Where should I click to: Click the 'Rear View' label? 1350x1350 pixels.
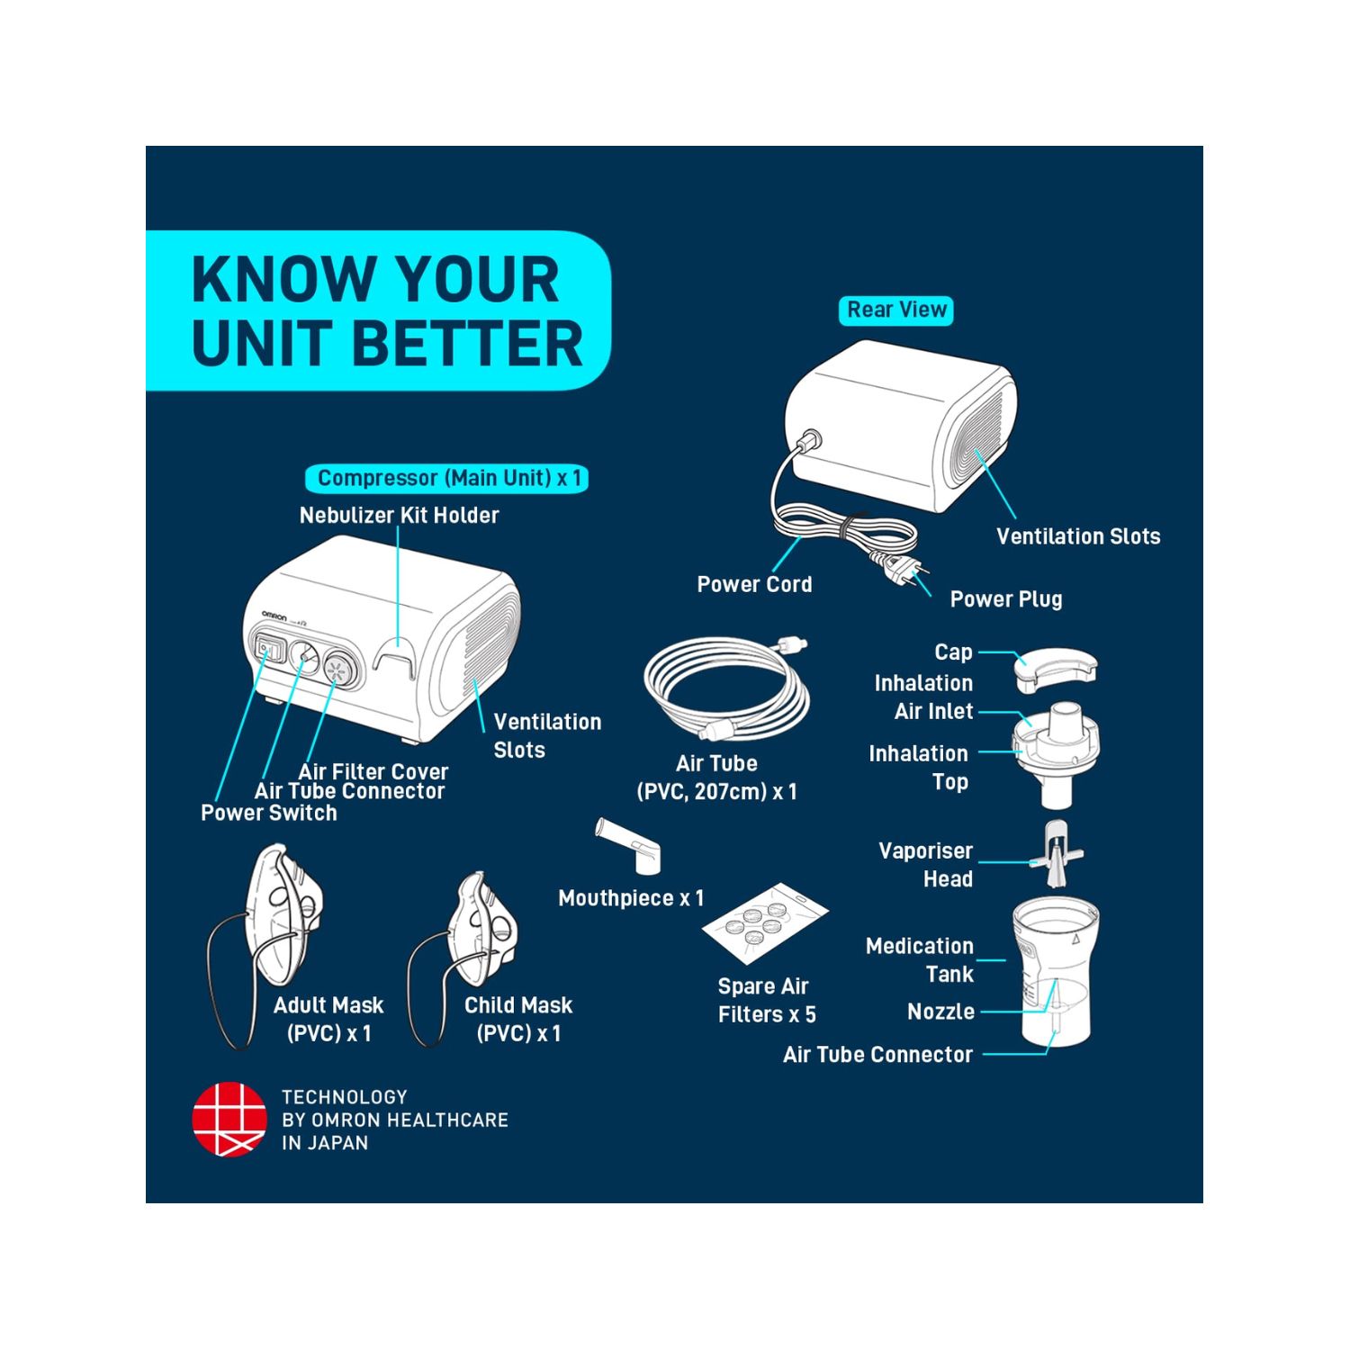click(x=896, y=310)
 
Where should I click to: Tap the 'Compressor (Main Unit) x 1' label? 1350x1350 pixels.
click(x=448, y=478)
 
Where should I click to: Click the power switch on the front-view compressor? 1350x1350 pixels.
click(x=266, y=648)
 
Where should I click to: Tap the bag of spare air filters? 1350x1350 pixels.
click(x=765, y=922)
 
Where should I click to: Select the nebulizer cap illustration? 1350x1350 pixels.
click(x=1056, y=670)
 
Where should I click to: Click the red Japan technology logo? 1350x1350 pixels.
click(x=229, y=1120)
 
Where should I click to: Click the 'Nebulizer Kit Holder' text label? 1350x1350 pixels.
click(x=399, y=516)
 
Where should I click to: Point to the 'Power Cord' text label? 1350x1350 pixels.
click(x=754, y=584)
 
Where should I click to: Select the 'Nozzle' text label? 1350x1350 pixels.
click(x=940, y=1012)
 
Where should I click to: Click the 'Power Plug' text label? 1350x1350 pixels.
click(x=1006, y=599)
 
